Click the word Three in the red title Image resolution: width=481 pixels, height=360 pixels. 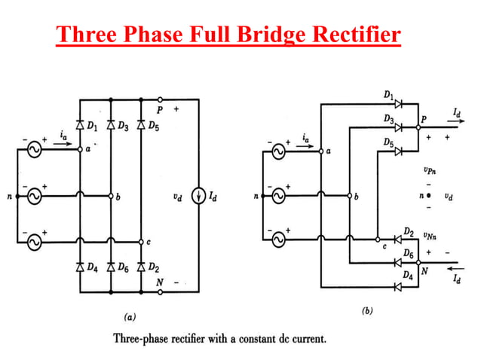[x=87, y=35]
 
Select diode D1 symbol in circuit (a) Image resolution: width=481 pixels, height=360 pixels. [x=80, y=124]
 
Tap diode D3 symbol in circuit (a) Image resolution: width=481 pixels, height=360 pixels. [x=111, y=124]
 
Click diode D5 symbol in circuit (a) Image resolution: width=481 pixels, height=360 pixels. [x=141, y=124]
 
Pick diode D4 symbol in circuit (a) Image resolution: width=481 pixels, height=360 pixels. [x=80, y=267]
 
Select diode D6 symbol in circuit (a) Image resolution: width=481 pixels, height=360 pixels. [x=111, y=267]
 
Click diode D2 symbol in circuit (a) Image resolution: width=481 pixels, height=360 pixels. [x=141, y=267]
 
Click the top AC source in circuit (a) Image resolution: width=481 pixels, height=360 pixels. [x=34, y=150]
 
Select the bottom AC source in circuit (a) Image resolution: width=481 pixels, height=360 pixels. [x=34, y=243]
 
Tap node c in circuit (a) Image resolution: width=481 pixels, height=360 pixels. [x=141, y=243]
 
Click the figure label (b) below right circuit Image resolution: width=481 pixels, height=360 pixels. [x=367, y=310]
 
